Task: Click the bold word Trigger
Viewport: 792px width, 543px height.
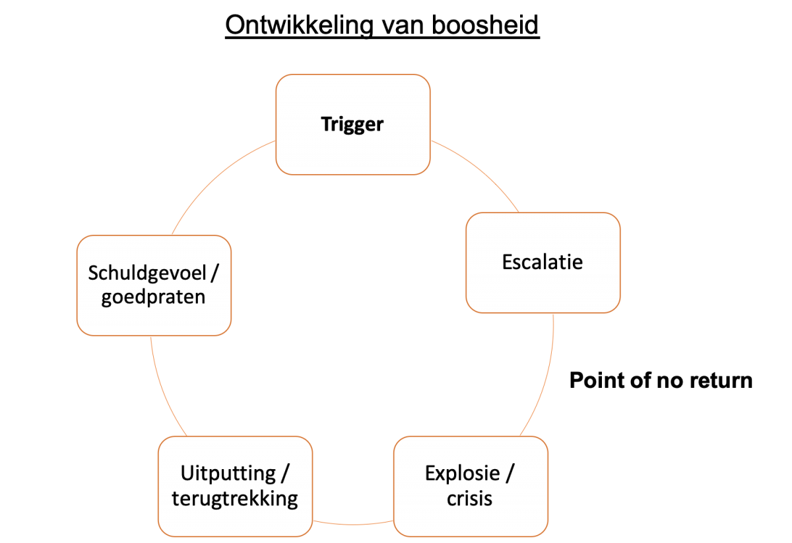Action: click(x=352, y=124)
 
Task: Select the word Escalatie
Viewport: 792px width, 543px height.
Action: click(x=543, y=262)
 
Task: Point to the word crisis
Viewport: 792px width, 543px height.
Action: click(x=469, y=498)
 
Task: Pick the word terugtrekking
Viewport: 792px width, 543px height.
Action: click(x=235, y=498)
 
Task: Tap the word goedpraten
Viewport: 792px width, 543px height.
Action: click(x=154, y=297)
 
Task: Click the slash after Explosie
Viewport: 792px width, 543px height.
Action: click(x=511, y=474)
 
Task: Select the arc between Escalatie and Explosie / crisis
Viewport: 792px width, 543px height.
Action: click(x=546, y=376)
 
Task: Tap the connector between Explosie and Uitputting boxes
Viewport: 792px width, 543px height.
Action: click(x=353, y=523)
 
